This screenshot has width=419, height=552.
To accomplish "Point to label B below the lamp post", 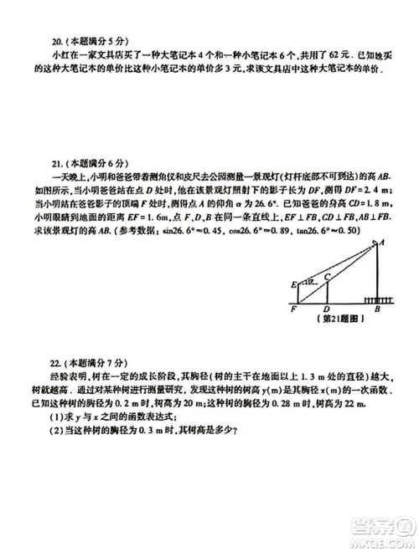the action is (x=377, y=309).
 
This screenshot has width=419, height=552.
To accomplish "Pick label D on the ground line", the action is (x=325, y=309).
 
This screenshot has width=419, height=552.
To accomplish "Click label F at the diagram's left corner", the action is (x=294, y=309).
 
